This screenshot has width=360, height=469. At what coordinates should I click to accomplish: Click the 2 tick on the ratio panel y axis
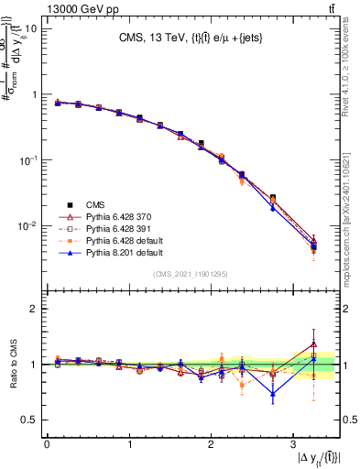pyautogui.click(x=33, y=309)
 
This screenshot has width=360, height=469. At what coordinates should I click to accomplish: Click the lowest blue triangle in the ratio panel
pyautogui.click(x=272, y=395)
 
